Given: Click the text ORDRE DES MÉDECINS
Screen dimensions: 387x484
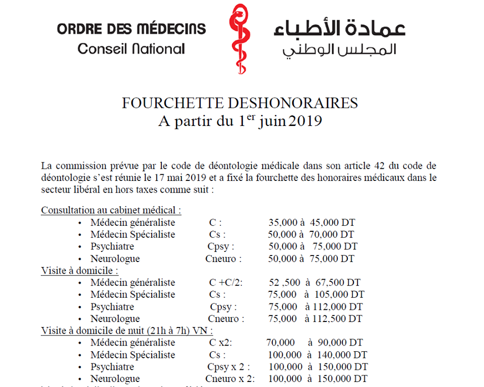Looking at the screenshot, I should click(131, 28).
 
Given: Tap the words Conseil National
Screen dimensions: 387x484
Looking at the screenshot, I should click(131, 49).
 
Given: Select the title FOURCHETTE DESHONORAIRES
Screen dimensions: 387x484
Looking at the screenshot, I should click(240, 103).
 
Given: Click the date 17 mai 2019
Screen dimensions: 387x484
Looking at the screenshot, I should click(200, 178).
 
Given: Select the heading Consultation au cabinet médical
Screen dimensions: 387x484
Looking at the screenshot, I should click(111, 210).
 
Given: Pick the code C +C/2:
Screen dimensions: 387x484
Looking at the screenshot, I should click(225, 283).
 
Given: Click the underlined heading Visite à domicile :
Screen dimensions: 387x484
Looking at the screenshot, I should click(80, 271).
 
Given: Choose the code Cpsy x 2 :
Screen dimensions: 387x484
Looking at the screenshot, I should click(228, 367).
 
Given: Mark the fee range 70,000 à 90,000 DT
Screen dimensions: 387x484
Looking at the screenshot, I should click(315, 343).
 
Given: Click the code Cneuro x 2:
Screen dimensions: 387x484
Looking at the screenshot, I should click(230, 379).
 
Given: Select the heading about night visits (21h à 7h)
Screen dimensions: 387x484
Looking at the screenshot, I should click(127, 331).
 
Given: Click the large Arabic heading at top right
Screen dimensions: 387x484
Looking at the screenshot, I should click(339, 28).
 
